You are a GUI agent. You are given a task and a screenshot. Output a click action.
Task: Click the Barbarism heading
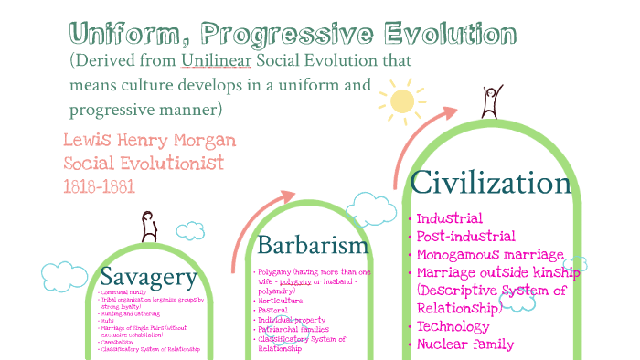tap(313, 245)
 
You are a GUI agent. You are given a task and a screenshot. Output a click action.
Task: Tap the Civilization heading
tap(491, 184)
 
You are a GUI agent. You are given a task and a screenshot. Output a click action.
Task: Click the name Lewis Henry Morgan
tap(149, 141)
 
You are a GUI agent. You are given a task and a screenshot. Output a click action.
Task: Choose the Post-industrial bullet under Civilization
tap(466, 237)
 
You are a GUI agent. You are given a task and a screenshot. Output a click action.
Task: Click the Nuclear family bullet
tap(464, 344)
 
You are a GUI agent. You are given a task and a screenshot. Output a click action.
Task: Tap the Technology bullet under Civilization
tap(458, 326)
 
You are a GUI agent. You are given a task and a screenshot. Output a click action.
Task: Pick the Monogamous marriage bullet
tap(490, 255)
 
